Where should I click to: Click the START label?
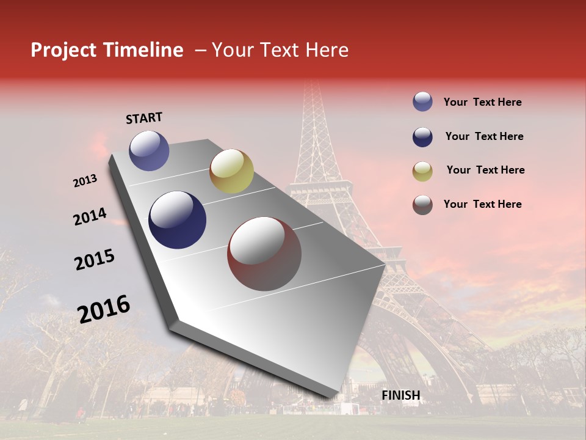(144, 118)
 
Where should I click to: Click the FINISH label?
(401, 395)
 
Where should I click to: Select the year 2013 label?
(85, 181)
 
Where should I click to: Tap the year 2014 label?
(90, 217)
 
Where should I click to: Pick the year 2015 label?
(95, 260)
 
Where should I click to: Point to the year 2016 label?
(104, 309)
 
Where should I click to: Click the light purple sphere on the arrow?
(149, 150)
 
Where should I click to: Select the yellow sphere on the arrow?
(231, 171)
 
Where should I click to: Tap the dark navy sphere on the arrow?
(178, 220)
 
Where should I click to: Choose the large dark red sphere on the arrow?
(264, 254)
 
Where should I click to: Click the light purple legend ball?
(422, 102)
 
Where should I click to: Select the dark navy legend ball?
(422, 137)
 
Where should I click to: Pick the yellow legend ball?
(422, 171)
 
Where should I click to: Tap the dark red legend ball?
(422, 205)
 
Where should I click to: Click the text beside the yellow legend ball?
(485, 170)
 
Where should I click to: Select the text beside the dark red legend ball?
(482, 204)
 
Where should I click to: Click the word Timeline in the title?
(143, 50)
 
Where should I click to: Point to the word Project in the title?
(64, 50)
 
